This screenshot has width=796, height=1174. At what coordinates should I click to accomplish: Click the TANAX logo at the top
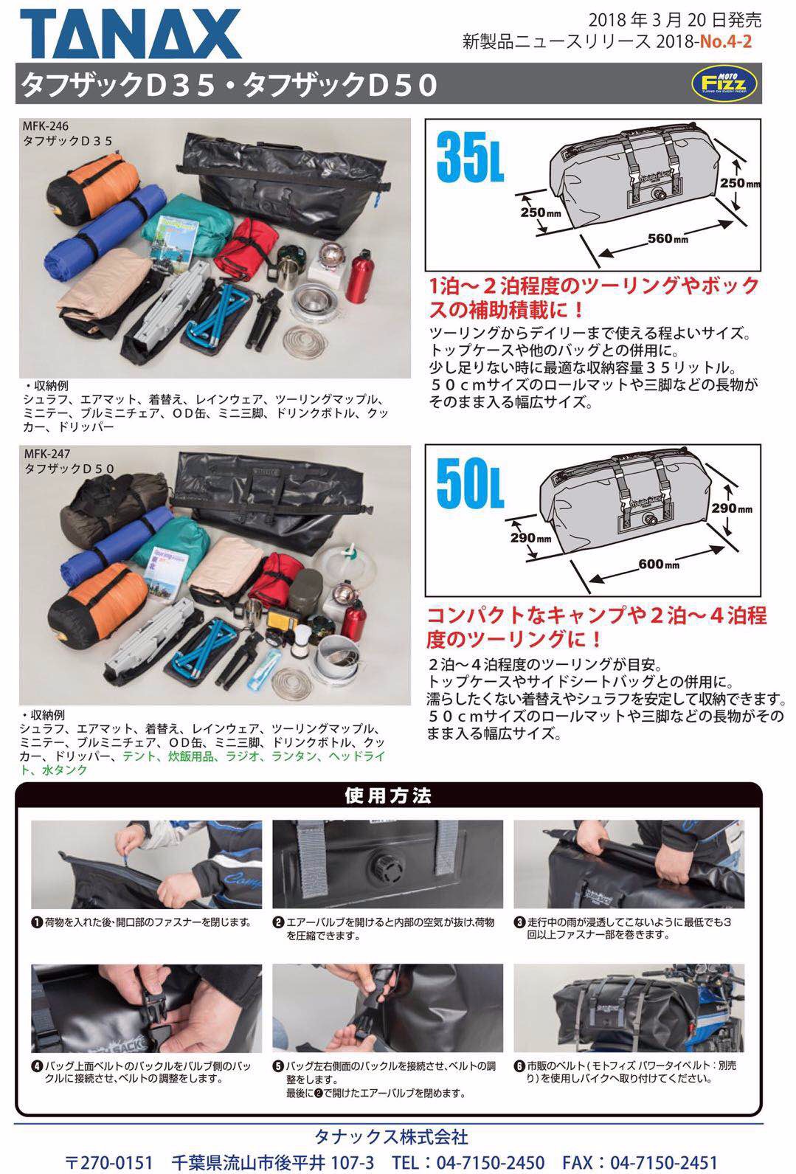(131, 34)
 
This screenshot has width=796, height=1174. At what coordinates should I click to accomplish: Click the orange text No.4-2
(726, 41)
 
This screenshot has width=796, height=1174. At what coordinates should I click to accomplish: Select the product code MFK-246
(46, 125)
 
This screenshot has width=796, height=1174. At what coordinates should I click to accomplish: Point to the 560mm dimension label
(667, 239)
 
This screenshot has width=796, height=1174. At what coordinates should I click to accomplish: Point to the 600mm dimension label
(659, 564)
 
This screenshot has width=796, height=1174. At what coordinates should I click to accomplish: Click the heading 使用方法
(388, 795)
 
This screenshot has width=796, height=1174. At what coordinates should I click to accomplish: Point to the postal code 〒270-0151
(109, 1162)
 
